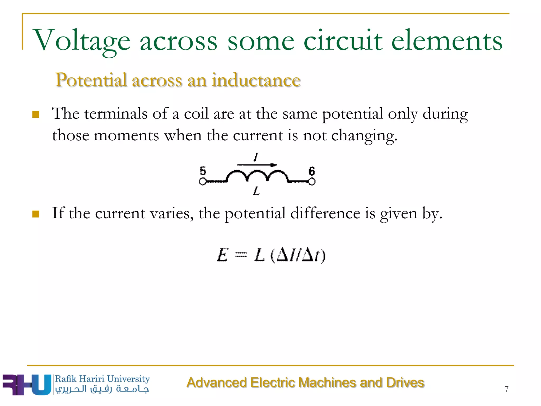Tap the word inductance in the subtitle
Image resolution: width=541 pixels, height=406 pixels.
(x=256, y=80)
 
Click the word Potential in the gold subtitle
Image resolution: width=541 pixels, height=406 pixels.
(x=91, y=80)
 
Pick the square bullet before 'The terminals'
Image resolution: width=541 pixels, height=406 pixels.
(x=36, y=114)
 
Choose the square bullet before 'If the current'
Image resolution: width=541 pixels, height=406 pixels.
(x=36, y=214)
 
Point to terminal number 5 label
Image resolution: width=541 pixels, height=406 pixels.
(x=203, y=171)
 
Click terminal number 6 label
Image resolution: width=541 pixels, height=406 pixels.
(x=312, y=171)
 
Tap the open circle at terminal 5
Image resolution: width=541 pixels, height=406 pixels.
(x=203, y=182)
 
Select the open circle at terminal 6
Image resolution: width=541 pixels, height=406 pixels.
(x=312, y=182)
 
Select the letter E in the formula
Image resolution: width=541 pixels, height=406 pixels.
(x=222, y=255)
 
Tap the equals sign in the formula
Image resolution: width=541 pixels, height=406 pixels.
(x=241, y=255)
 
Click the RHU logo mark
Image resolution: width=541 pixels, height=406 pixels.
(x=26, y=385)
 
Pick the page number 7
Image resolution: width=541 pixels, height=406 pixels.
(x=506, y=389)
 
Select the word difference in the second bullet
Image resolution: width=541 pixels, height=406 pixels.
(x=325, y=213)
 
